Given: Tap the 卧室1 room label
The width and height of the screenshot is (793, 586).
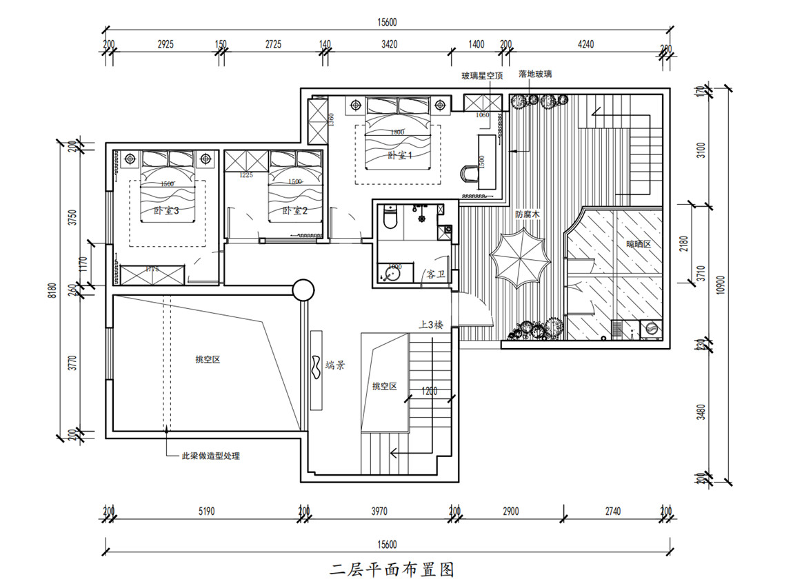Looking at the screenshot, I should [x=399, y=156].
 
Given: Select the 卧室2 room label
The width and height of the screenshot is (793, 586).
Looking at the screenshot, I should [x=293, y=211].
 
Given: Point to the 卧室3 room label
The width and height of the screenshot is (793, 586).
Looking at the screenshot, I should [x=166, y=211].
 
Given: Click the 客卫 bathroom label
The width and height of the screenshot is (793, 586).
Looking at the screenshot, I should [x=436, y=274].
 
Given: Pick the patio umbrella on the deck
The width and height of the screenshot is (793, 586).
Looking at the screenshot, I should [x=520, y=259].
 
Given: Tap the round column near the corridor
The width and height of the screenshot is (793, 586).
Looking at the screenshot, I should [x=303, y=290].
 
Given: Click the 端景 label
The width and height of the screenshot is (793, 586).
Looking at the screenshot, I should [x=335, y=367].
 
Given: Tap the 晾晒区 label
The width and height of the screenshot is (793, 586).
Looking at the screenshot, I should [x=638, y=244].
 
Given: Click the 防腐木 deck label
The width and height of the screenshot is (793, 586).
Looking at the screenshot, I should [x=527, y=214].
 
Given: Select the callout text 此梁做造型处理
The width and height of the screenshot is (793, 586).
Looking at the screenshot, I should [x=210, y=456].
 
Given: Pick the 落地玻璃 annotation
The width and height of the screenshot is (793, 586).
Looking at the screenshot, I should [x=535, y=73].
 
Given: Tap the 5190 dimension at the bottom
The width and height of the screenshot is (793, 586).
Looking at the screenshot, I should [x=206, y=512].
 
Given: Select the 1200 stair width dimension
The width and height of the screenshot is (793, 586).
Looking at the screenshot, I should [x=428, y=392].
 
